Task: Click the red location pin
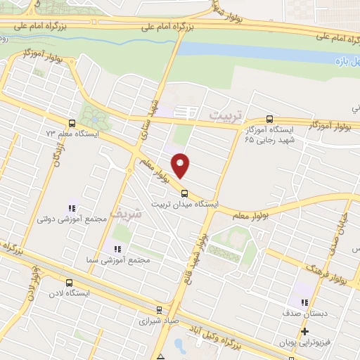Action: [181, 165]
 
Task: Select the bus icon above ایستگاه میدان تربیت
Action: [185, 194]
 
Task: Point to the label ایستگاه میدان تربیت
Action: [184, 205]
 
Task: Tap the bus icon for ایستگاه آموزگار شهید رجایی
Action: [271, 119]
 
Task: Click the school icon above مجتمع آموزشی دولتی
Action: [71, 208]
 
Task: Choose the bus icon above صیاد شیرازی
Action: [159, 309]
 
